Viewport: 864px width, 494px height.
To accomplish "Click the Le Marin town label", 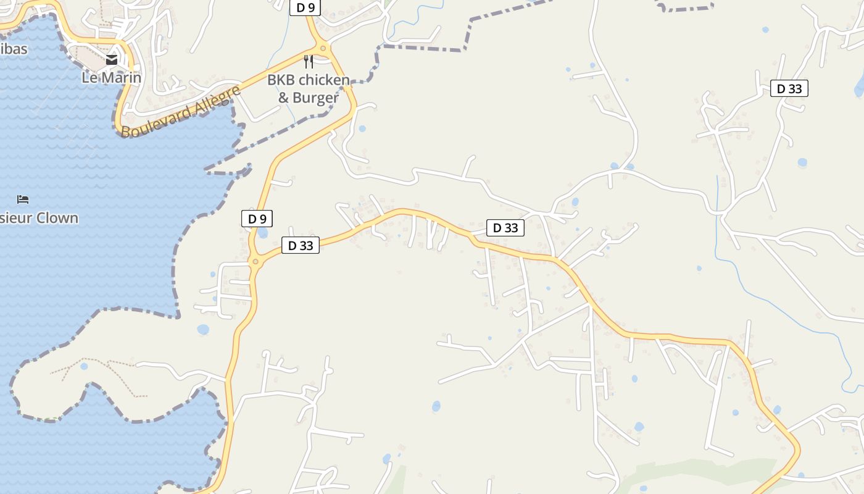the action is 111,78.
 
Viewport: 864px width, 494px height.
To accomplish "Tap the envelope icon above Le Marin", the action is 112,60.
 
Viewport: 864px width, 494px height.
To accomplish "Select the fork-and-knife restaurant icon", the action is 309,61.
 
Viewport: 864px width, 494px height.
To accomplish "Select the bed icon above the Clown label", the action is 23,199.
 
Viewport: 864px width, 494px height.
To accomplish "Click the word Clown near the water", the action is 57,218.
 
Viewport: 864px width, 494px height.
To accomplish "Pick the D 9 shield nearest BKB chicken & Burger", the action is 305,7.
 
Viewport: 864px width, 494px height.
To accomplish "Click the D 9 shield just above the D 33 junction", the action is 257,219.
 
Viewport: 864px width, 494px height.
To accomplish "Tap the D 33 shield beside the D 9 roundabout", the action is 301,246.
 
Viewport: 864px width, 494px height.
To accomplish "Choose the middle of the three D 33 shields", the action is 505,228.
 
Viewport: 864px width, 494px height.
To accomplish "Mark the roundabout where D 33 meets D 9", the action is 255,262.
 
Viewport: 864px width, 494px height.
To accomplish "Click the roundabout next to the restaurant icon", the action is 322,48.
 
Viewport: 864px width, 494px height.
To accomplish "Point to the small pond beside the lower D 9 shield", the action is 263,233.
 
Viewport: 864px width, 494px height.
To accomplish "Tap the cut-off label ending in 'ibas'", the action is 14,49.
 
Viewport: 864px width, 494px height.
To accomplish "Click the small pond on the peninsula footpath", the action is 84,366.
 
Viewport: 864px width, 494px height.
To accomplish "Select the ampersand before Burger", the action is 284,98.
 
